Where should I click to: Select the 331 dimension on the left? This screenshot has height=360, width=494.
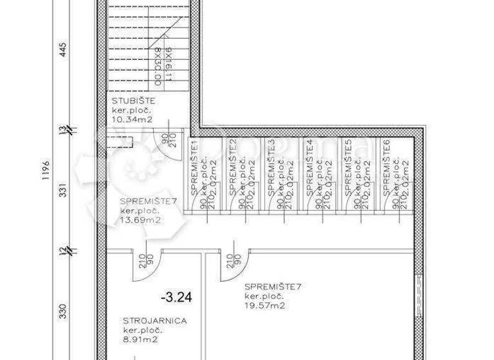click(63, 191)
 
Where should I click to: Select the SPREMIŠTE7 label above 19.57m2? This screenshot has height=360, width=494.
click(271, 287)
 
